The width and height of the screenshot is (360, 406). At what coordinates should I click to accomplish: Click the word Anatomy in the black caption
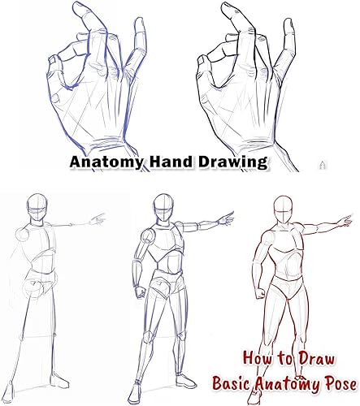pos(106,162)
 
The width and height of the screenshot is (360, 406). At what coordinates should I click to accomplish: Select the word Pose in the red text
pos(341,384)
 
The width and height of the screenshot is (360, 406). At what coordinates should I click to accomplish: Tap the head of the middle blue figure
pos(163,208)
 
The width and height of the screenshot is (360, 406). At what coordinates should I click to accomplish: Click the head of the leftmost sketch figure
pos(37,208)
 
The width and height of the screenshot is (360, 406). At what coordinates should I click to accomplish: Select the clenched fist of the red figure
pos(261,293)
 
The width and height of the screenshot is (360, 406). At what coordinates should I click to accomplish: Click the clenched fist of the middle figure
pos(141,292)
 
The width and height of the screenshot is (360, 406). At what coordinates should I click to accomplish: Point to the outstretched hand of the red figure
pos(345,220)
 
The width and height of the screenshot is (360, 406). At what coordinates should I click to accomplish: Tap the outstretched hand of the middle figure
pos(226,218)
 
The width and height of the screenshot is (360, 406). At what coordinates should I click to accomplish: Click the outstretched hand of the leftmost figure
pos(98,219)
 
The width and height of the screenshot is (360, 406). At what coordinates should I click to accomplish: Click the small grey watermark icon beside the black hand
pos(323,165)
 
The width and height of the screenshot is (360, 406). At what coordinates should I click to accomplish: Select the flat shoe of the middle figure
pos(186,381)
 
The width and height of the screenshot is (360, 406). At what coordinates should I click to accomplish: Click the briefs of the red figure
pos(288,287)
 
